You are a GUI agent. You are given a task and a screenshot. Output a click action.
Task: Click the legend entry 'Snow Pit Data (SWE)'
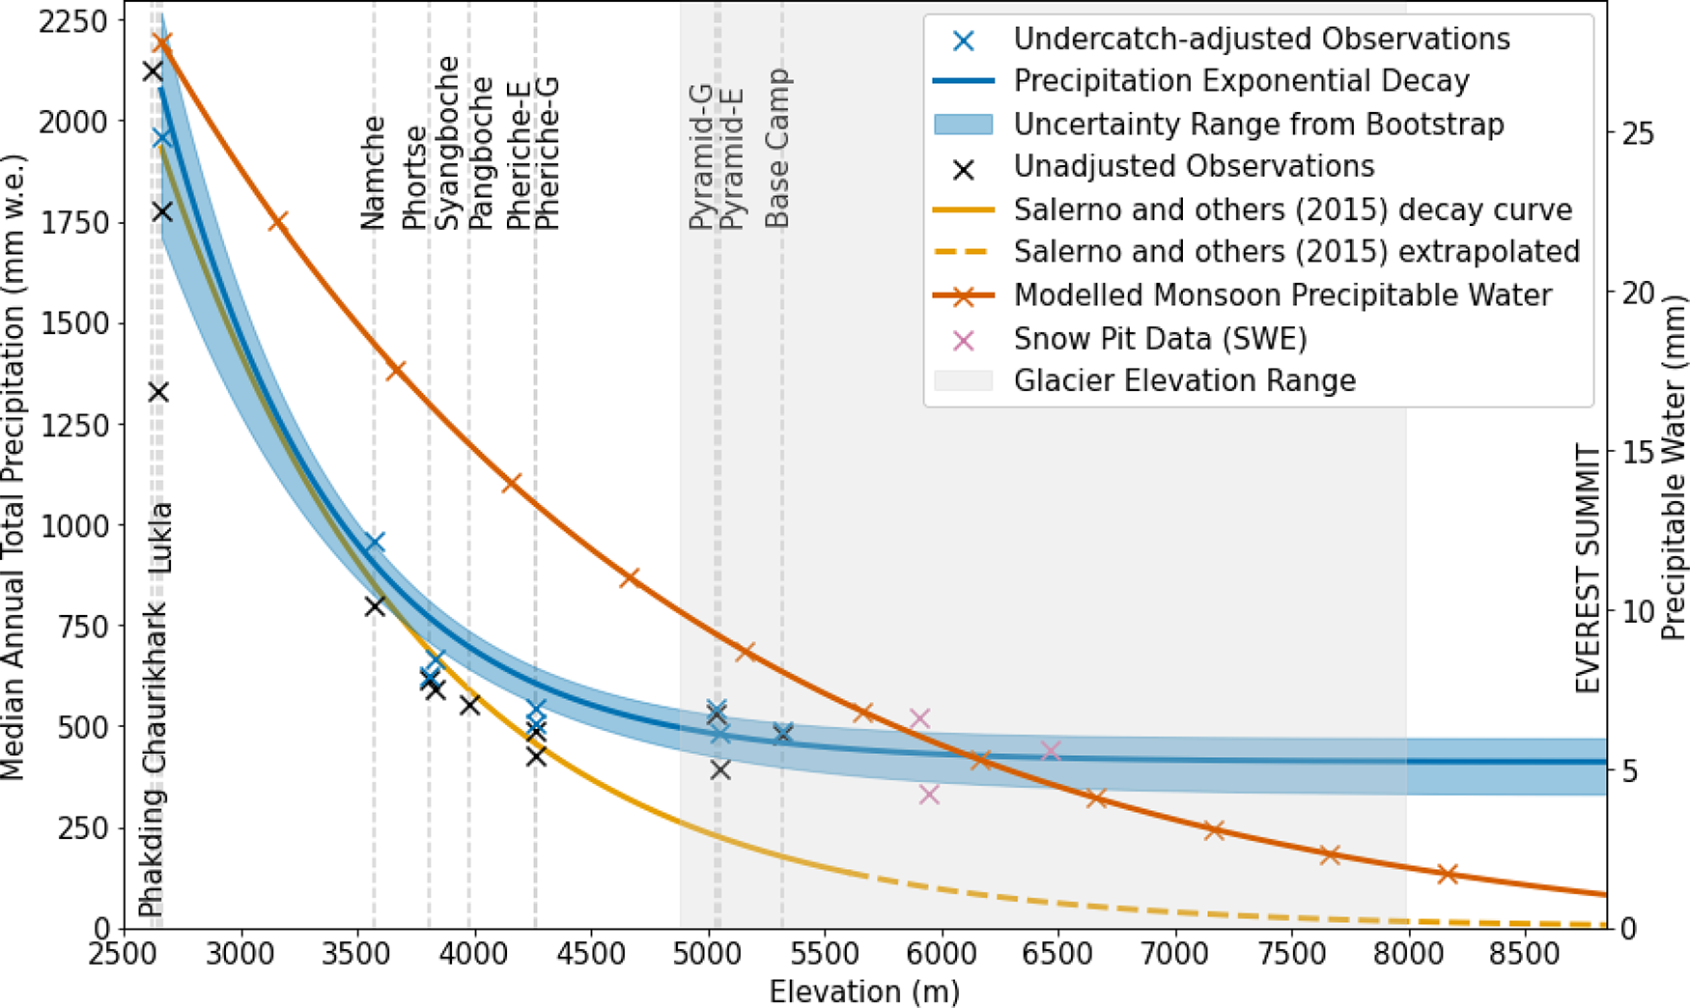[x=1160, y=339]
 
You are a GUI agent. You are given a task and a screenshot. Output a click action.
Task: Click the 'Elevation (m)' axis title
[x=864, y=992]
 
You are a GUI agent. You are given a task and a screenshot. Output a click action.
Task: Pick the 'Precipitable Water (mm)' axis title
[x=1673, y=468]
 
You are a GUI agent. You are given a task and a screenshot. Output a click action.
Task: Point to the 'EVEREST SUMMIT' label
[x=1588, y=569]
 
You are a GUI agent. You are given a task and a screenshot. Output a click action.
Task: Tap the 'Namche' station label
[x=373, y=173]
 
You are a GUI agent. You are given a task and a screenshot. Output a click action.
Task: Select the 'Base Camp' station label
[x=777, y=148]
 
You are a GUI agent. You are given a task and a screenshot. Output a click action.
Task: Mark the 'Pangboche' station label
[x=480, y=154]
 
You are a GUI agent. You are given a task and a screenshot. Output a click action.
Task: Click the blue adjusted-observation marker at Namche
[x=375, y=543]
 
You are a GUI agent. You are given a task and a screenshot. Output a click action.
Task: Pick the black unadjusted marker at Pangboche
[x=470, y=706]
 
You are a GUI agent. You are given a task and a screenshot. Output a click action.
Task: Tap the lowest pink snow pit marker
[x=930, y=795]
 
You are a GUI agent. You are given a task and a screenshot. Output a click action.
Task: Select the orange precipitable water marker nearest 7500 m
[x=1330, y=854]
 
